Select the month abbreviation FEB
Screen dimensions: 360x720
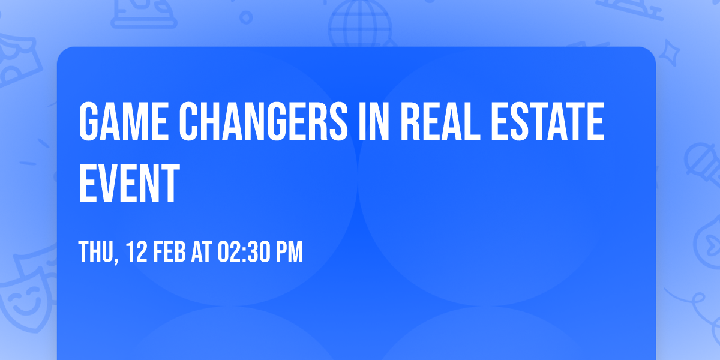coord(170,251)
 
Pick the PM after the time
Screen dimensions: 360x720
coord(290,251)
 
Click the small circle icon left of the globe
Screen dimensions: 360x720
coord(246,17)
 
